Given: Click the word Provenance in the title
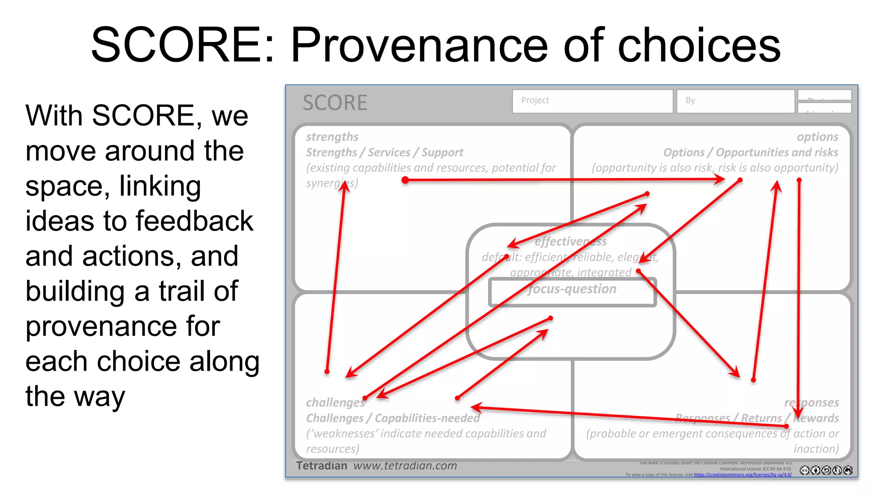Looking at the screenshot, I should pyautogui.click(x=419, y=45).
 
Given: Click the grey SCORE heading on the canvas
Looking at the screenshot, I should pyautogui.click(x=335, y=103).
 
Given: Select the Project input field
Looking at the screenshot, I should pyautogui.click(x=592, y=101).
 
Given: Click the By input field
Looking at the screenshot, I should pyautogui.click(x=735, y=101).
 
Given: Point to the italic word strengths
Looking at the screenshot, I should pyautogui.click(x=332, y=137).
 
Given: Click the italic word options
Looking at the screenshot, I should pyautogui.click(x=817, y=137).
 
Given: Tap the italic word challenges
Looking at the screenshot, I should pyautogui.click(x=335, y=403).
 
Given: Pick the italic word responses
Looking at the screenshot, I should pyautogui.click(x=811, y=403).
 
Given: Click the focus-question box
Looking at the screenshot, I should pyautogui.click(x=572, y=292).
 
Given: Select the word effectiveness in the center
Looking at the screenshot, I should pyautogui.click(x=571, y=241).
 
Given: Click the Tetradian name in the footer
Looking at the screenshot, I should pyautogui.click(x=322, y=466).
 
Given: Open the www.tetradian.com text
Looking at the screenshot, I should pyautogui.click(x=405, y=466).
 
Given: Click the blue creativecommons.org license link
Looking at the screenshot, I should pyautogui.click(x=743, y=475).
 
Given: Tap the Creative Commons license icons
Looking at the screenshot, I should pyautogui.click(x=826, y=470).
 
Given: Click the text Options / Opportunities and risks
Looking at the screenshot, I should pyautogui.click(x=751, y=153).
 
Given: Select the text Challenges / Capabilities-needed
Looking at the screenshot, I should pyautogui.click(x=393, y=418).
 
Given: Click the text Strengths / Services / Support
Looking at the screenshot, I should pyautogui.click(x=384, y=153).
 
